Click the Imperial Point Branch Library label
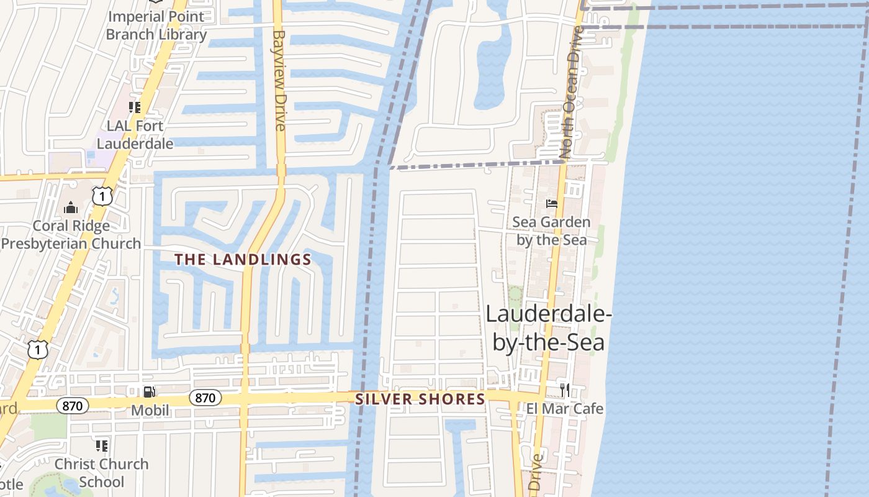tap(156, 25)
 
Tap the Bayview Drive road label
tap(279, 81)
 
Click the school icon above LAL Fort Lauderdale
tap(135, 107)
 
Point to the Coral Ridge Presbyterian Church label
tap(71, 235)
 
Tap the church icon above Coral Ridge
tap(71, 207)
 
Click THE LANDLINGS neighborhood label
tap(243, 260)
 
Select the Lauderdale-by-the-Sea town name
tap(549, 327)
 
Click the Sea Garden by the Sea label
tap(551, 230)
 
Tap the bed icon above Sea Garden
tap(551, 203)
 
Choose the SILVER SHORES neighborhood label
tap(420, 399)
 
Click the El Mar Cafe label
tap(565, 409)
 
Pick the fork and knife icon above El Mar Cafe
tap(565, 390)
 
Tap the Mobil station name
tap(150, 410)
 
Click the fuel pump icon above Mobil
tap(150, 391)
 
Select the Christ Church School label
tap(101, 473)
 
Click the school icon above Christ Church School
tap(101, 445)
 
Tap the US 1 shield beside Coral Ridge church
tap(102, 197)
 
